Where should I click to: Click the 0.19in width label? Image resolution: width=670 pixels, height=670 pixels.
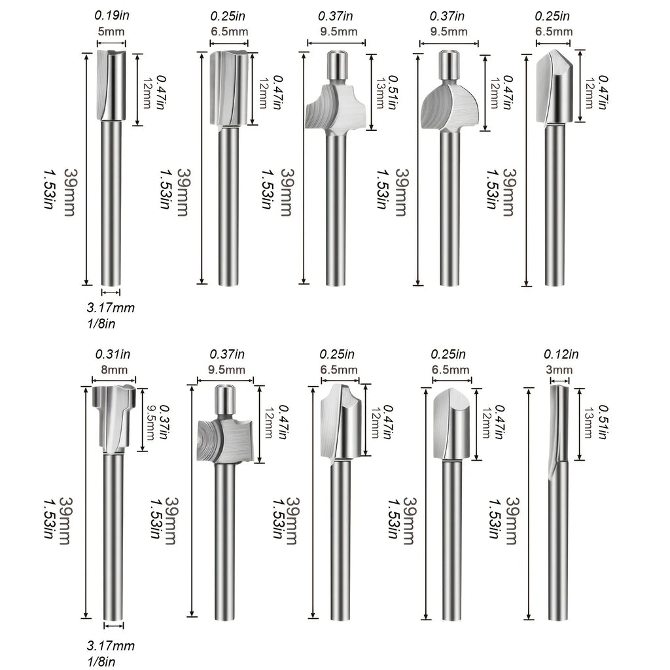pos(111,16)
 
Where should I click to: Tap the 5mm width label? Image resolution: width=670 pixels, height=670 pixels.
pos(111,31)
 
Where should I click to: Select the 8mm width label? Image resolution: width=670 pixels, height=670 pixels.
pos(114,369)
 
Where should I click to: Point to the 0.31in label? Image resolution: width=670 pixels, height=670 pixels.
pos(113,354)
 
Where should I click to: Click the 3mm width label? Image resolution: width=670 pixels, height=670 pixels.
pos(559,369)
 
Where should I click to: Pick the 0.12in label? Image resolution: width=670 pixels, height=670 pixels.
pos(561,354)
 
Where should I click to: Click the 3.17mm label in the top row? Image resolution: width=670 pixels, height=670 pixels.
pos(111,308)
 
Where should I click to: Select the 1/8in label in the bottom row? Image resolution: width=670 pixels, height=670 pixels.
pos(101,661)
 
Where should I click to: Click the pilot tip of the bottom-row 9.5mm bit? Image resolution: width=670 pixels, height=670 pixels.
pos(226,400)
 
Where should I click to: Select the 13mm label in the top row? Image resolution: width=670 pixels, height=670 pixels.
pos(379,93)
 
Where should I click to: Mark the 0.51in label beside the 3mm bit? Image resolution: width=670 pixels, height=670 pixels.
pos(603,422)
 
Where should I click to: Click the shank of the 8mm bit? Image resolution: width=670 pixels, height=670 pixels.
pos(114,537)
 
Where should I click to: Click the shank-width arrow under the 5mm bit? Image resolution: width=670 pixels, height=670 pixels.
pos(111,292)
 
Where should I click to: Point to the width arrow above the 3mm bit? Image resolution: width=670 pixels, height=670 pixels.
pos(559,381)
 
